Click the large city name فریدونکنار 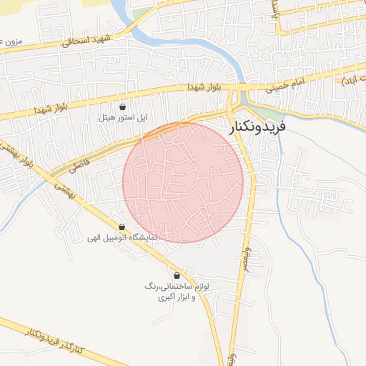pos(257,127)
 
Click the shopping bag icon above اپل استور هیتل pos(123,107)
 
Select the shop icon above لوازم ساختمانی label pos(177,275)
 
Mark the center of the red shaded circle pos(183,182)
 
